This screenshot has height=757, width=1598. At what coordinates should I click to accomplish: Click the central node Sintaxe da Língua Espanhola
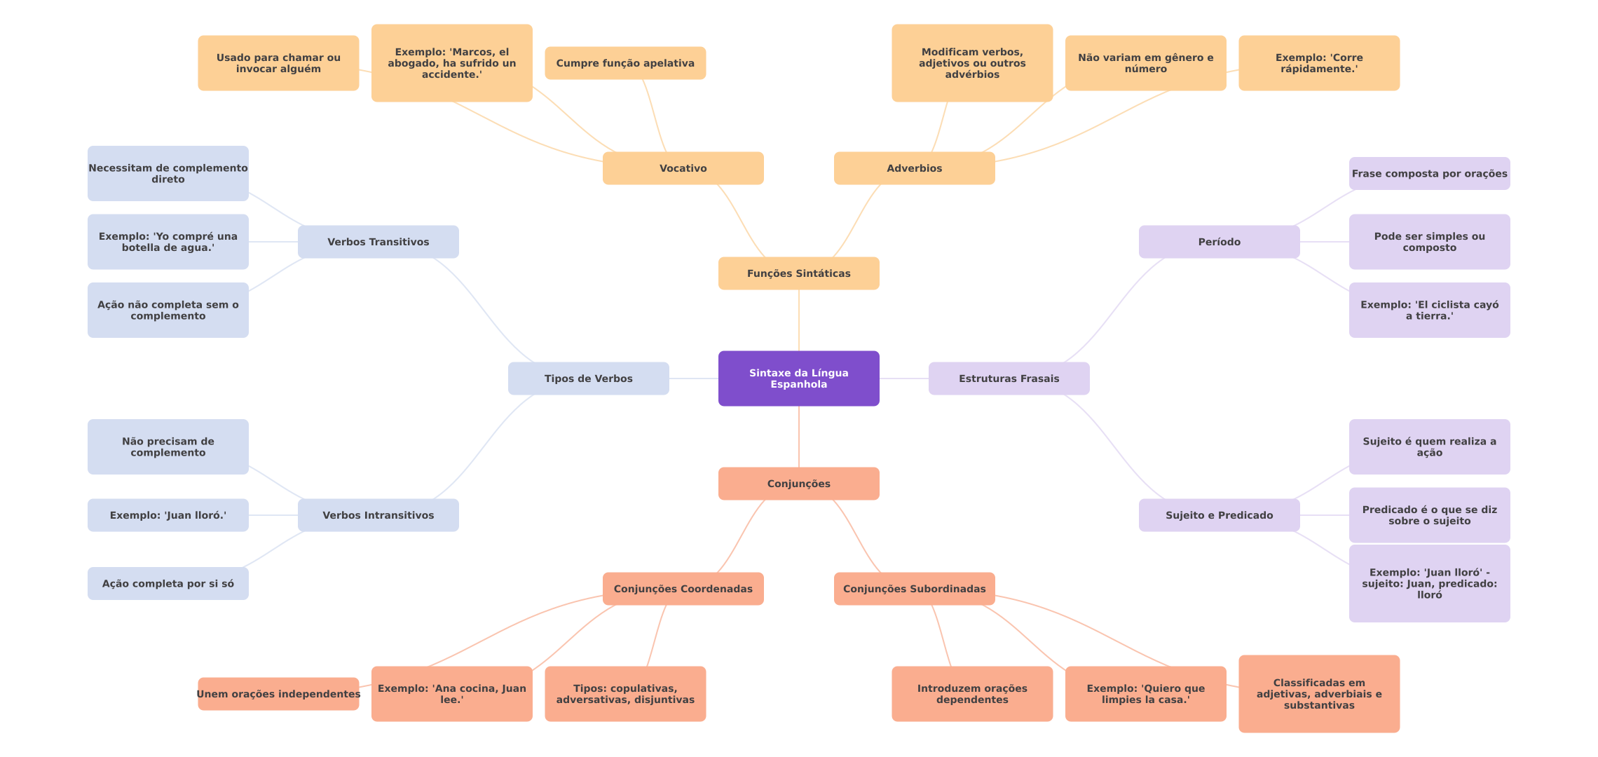click(x=798, y=378)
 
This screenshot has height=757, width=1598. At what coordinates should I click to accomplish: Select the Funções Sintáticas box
click(x=798, y=273)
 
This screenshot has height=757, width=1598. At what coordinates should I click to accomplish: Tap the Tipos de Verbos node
click(x=588, y=378)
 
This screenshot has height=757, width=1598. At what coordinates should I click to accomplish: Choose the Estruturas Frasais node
click(x=1009, y=378)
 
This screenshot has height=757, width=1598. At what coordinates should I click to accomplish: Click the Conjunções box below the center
click(x=798, y=484)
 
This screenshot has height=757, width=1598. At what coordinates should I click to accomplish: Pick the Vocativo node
click(x=683, y=168)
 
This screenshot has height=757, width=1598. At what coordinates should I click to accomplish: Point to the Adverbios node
click(x=914, y=168)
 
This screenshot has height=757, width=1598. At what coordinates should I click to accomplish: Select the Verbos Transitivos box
click(x=378, y=242)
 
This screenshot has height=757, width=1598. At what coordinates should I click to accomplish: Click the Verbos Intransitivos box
click(x=378, y=515)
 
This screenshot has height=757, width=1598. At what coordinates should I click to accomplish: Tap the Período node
click(x=1219, y=242)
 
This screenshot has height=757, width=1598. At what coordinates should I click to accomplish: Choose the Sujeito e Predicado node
click(x=1219, y=515)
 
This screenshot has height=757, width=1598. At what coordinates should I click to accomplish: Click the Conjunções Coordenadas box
click(x=683, y=589)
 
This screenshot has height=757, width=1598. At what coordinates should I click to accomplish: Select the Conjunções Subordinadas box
click(x=914, y=589)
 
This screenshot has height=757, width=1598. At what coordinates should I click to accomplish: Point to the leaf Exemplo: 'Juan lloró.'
click(x=168, y=515)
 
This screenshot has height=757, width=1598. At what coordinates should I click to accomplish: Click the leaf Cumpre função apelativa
click(x=625, y=63)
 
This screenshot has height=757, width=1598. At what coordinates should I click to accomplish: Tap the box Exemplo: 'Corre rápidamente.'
click(x=1319, y=63)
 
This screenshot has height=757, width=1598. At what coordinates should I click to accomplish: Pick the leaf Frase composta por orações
click(x=1429, y=174)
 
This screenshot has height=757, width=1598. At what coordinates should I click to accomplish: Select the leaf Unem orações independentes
click(x=278, y=694)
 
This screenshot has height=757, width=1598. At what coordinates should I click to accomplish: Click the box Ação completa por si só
click(x=168, y=584)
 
